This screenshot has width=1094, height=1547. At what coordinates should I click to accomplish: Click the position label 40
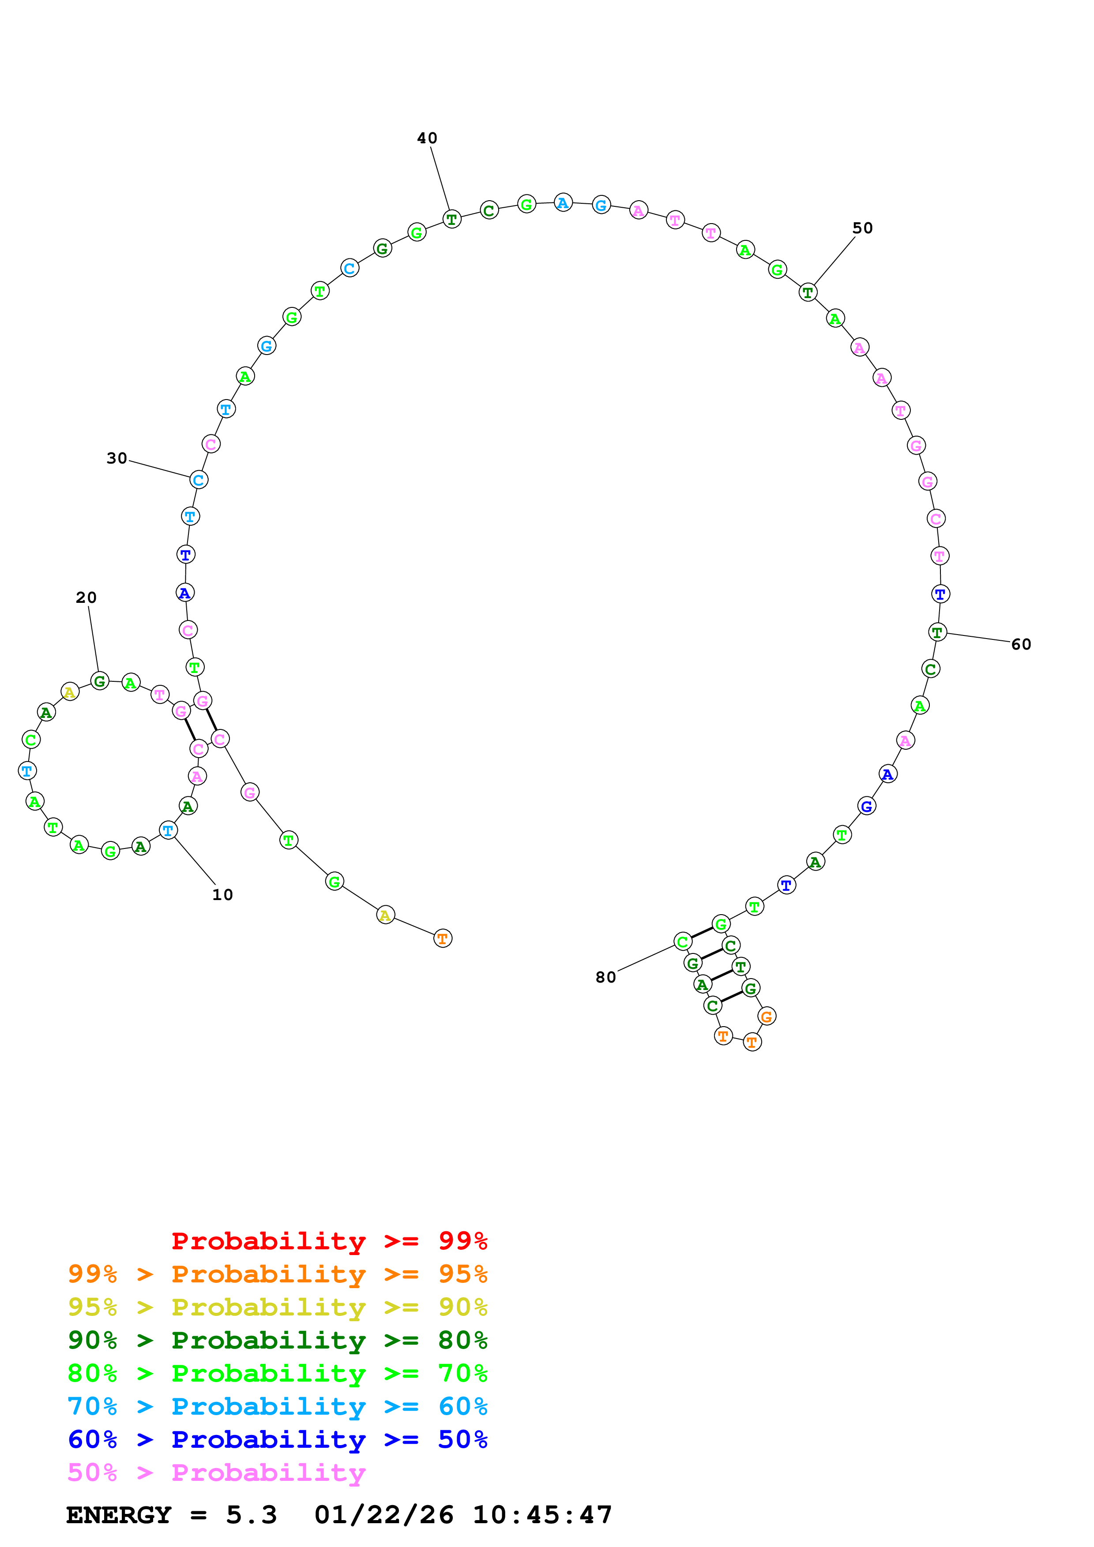click(427, 138)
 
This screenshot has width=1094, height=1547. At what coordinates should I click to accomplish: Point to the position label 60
click(1021, 644)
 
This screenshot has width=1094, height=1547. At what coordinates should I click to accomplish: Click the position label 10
click(222, 895)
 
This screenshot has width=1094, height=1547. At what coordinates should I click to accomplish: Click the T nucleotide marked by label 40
click(451, 219)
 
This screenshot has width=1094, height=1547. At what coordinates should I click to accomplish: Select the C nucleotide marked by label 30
click(198, 480)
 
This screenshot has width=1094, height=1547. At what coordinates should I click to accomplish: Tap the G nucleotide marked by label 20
click(100, 681)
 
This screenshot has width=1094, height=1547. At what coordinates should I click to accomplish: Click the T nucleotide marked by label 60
click(937, 632)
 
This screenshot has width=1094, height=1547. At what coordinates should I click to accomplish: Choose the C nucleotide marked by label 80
click(683, 941)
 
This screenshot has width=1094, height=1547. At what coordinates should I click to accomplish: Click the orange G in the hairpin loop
click(767, 1016)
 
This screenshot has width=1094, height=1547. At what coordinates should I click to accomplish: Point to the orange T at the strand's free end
click(442, 938)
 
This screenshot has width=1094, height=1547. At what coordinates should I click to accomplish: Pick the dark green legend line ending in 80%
click(277, 1340)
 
